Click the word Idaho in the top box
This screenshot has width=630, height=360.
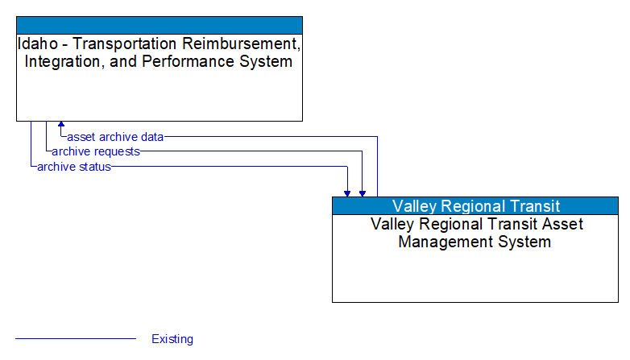click(35, 43)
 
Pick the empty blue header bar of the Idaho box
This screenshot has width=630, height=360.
click(160, 24)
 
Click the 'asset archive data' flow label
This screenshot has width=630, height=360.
click(115, 137)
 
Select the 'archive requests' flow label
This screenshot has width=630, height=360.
click(96, 151)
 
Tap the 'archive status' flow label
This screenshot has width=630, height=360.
click(74, 167)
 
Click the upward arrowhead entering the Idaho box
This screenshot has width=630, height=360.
click(61, 126)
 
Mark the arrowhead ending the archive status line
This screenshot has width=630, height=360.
click(347, 192)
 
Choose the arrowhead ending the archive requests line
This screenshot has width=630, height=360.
click(363, 192)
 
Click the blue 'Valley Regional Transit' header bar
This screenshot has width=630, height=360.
click(475, 205)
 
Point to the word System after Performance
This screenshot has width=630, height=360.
click(266, 62)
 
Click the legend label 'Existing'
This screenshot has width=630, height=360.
click(172, 339)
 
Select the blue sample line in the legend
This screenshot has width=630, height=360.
click(76, 339)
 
